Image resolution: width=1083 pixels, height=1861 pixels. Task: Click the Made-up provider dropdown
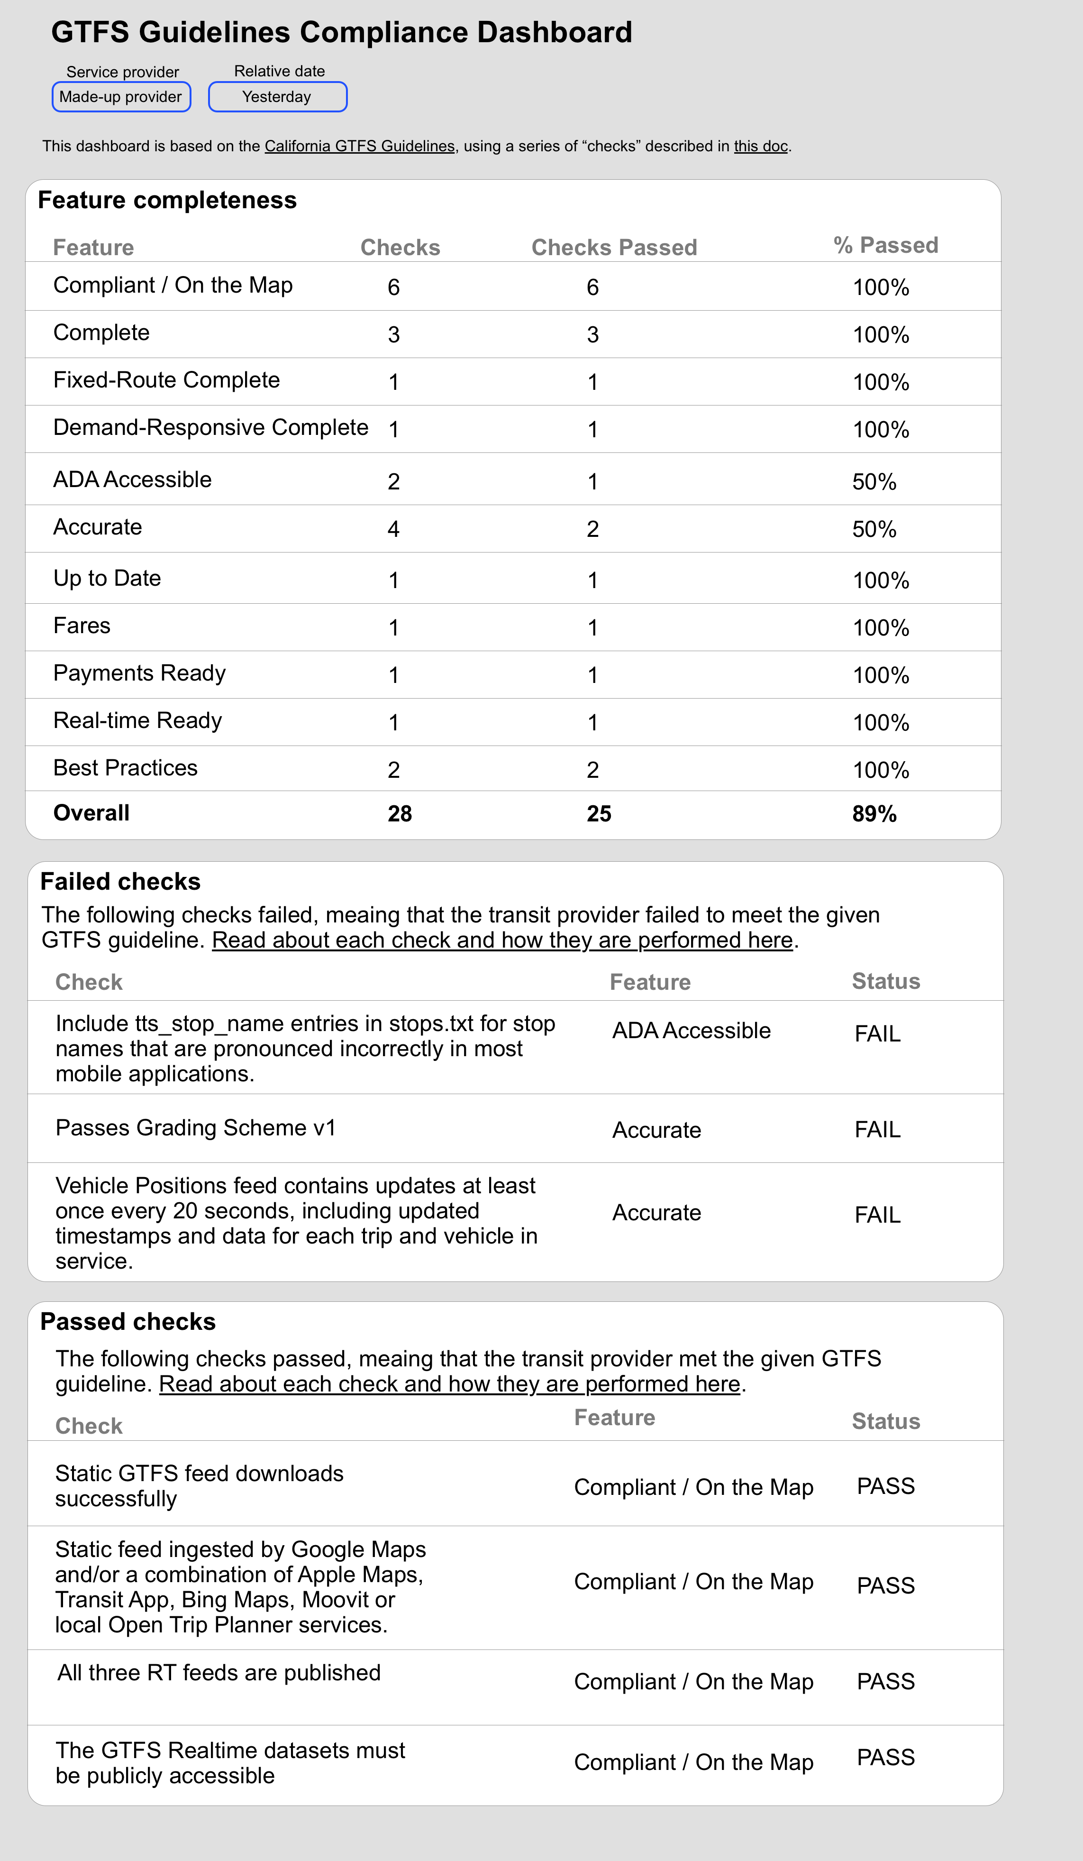pyautogui.click(x=121, y=97)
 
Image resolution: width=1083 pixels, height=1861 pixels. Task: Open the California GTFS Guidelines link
pyautogui.click(x=360, y=146)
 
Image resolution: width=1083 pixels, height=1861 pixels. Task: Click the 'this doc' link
pyautogui.click(x=760, y=146)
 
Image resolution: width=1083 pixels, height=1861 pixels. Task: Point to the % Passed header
pyautogui.click(x=885, y=245)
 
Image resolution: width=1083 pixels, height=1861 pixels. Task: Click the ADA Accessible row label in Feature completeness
pyautogui.click(x=132, y=480)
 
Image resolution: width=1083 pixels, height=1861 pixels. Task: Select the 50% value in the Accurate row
pyautogui.click(x=874, y=529)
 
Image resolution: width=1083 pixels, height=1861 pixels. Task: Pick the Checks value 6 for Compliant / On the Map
pyautogui.click(x=393, y=287)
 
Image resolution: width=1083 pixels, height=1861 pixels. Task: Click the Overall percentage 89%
pyautogui.click(x=874, y=814)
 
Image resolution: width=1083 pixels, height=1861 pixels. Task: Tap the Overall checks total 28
pyautogui.click(x=400, y=814)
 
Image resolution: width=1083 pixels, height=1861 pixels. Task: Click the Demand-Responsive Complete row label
pyautogui.click(x=210, y=428)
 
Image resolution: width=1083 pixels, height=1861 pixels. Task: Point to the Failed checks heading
pyautogui.click(x=120, y=882)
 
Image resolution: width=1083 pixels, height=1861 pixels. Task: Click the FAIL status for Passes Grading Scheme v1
pyautogui.click(x=877, y=1130)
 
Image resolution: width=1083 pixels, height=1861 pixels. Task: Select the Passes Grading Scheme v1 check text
pyautogui.click(x=196, y=1128)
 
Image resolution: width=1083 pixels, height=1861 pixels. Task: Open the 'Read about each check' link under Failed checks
pyautogui.click(x=502, y=940)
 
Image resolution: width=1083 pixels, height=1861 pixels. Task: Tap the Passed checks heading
pyautogui.click(x=127, y=1322)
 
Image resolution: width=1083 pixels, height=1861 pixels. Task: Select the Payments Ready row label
pyautogui.click(x=139, y=673)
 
